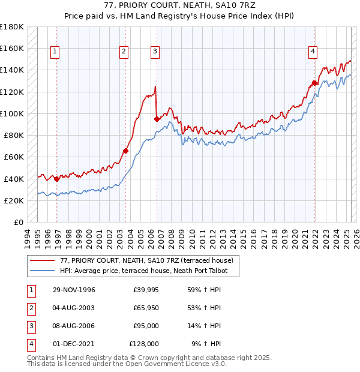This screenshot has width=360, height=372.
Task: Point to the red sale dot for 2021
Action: tap(314, 83)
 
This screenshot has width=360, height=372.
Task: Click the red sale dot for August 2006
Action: tap(157, 119)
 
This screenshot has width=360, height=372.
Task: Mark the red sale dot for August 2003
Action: tap(125, 151)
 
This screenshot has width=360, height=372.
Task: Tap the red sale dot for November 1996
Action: tap(57, 179)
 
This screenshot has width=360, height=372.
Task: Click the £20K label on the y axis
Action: tap(14, 200)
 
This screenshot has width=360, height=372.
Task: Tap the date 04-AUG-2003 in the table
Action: tap(74, 308)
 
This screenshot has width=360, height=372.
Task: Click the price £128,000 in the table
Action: tap(144, 344)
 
